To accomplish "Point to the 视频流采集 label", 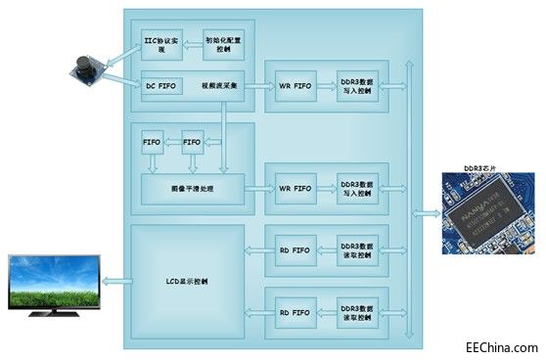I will tap(221, 86).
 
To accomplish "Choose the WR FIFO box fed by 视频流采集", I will tap(296, 86).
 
